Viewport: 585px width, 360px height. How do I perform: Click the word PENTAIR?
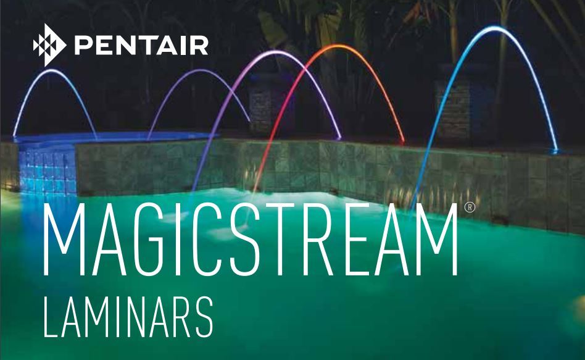(x=141, y=45)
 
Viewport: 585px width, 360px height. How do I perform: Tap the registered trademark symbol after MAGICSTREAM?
(x=470, y=208)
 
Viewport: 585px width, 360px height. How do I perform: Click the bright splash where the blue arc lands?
(x=554, y=151)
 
